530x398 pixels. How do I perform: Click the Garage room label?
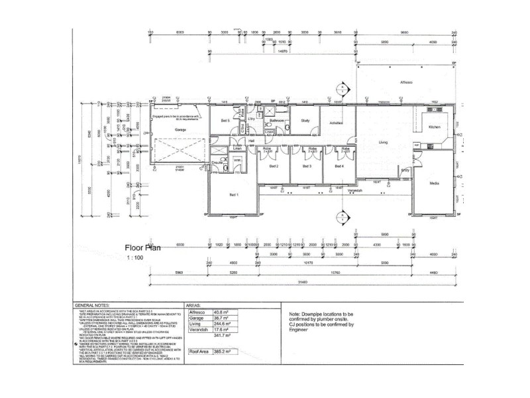pyautogui.click(x=180, y=129)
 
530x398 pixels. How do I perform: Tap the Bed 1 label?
pyautogui.click(x=234, y=194)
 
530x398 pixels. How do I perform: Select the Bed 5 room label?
pyautogui.click(x=225, y=121)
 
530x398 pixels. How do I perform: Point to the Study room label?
pyautogui.click(x=305, y=121)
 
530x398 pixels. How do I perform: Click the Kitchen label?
pyautogui.click(x=435, y=127)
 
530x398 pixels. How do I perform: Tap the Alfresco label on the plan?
pyautogui.click(x=406, y=82)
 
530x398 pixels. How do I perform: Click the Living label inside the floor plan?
pyautogui.click(x=383, y=142)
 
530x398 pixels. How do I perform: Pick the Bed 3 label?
pyautogui.click(x=307, y=166)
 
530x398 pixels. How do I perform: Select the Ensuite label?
pyautogui.click(x=217, y=162)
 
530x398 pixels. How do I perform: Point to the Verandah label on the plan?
pyautogui.click(x=356, y=190)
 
